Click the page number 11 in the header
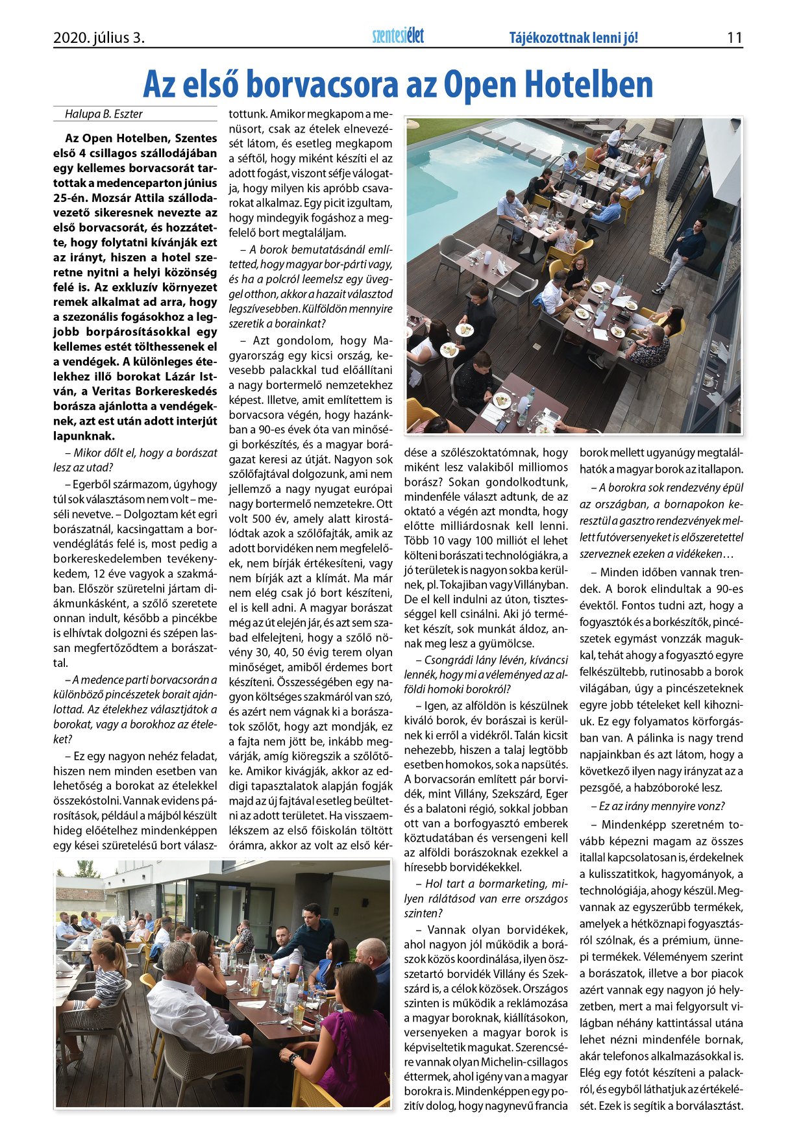(734, 38)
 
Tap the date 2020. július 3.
(99, 38)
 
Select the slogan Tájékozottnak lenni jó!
(574, 38)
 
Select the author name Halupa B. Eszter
(104, 114)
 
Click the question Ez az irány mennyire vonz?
(658, 807)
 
